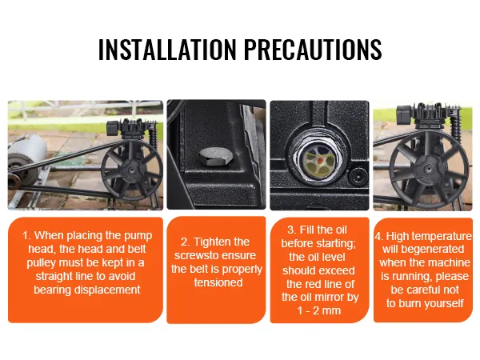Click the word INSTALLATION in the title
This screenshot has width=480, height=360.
(x=167, y=50)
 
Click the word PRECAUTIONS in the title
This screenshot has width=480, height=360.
(x=313, y=50)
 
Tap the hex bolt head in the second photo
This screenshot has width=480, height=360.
(x=211, y=157)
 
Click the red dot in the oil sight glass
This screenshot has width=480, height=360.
(x=319, y=161)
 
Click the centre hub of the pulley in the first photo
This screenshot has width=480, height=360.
(x=132, y=170)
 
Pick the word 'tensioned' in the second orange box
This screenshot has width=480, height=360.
(x=218, y=282)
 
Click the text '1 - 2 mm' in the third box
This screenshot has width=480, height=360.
(x=319, y=310)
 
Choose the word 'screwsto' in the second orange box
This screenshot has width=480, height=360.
(x=196, y=256)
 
